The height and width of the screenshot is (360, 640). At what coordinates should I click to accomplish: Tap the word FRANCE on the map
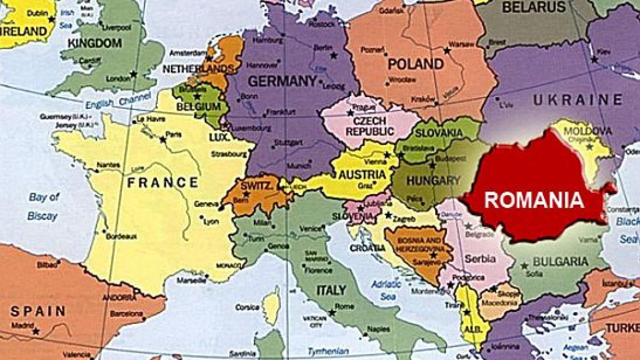(x=163, y=183)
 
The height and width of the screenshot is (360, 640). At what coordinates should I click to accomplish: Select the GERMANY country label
(x=282, y=82)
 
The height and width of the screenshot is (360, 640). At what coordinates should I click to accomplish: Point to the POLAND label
(x=415, y=65)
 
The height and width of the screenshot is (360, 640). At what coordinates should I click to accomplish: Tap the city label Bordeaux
(x=121, y=236)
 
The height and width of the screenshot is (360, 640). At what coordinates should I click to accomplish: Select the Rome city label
(x=345, y=306)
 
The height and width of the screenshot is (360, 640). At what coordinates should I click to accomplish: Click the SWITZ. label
(x=257, y=186)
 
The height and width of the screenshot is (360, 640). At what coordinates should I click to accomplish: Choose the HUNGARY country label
(x=433, y=180)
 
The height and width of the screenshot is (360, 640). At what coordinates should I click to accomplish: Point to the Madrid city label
(x=22, y=325)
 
